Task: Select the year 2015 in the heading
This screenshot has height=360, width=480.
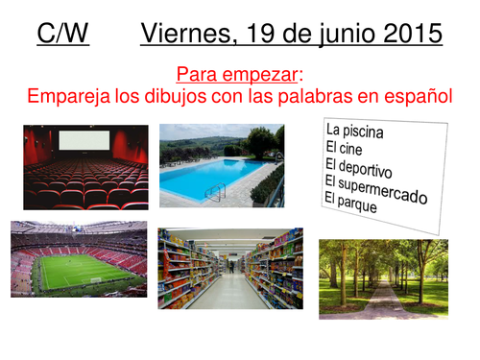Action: [x=405, y=35]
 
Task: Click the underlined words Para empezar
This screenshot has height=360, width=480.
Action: [x=239, y=73]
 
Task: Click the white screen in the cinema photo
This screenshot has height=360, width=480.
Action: [x=84, y=141]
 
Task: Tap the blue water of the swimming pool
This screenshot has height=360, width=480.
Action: [x=205, y=179]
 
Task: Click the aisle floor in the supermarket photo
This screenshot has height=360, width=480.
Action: [x=231, y=293]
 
